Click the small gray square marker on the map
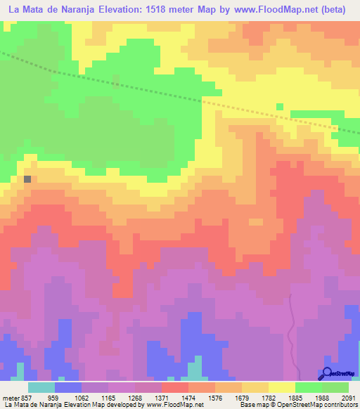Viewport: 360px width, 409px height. [x=27, y=179]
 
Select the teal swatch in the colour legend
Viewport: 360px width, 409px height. [x=41, y=387]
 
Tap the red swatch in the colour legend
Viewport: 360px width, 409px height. [x=174, y=387]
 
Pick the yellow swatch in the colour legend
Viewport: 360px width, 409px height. [x=281, y=387]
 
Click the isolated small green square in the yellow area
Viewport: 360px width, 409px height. [x=280, y=107]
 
